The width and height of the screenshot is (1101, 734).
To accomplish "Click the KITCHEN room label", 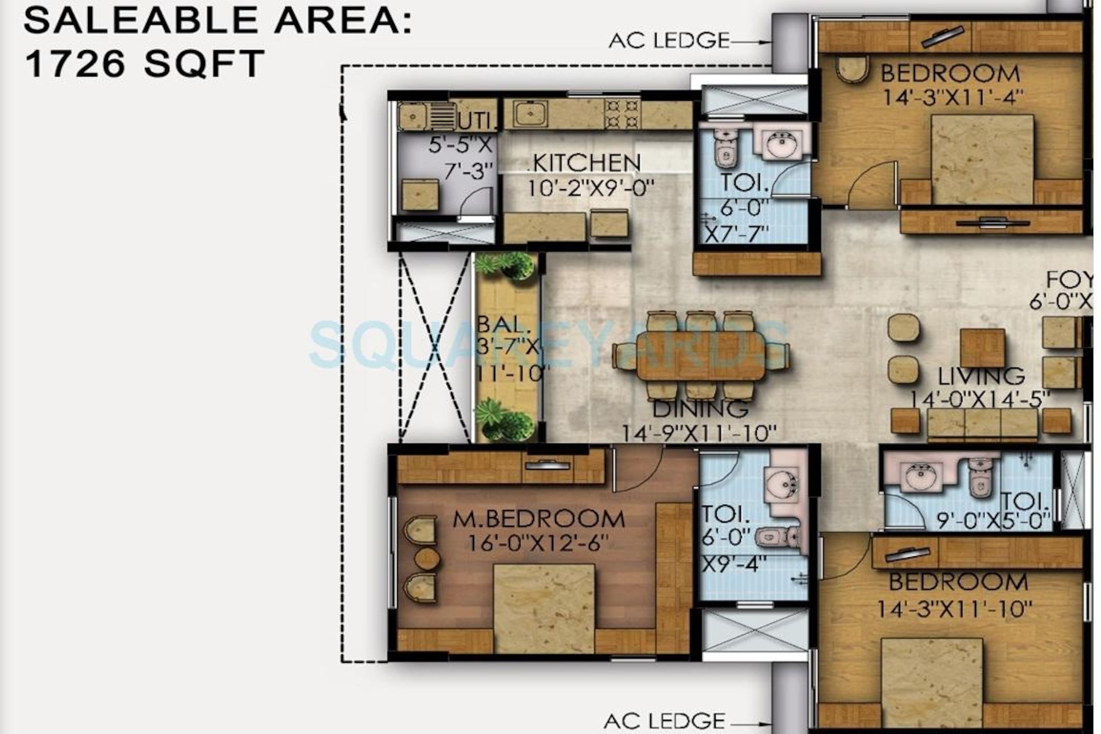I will [x=586, y=163].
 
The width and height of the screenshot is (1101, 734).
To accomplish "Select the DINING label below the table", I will [x=700, y=409].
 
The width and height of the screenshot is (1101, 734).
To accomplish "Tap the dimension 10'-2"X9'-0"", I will [x=591, y=189].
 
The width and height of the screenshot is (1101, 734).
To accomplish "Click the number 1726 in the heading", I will [x=75, y=64].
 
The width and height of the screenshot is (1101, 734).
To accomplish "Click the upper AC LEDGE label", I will [x=669, y=41].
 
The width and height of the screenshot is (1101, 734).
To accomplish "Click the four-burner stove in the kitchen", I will [x=622, y=114].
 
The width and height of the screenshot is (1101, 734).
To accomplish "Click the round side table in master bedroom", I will [x=428, y=559].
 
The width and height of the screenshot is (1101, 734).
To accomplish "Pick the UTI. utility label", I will [x=476, y=122].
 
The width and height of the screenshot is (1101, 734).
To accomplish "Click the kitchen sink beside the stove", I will [x=530, y=114].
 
